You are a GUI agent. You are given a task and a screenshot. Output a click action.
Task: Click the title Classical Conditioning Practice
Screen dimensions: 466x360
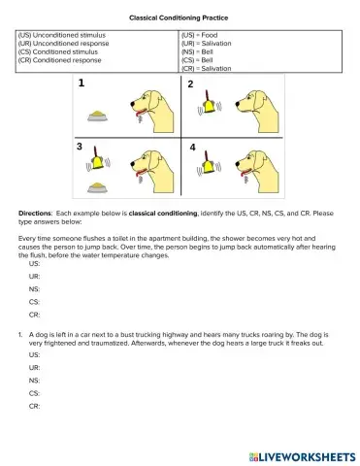coord(180,17)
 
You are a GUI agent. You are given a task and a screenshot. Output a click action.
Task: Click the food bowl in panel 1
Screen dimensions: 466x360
coord(95,116)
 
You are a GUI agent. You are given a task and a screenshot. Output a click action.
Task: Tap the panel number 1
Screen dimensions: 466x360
coord(82,85)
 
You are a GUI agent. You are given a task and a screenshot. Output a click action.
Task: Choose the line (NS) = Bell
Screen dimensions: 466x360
coord(200,51)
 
